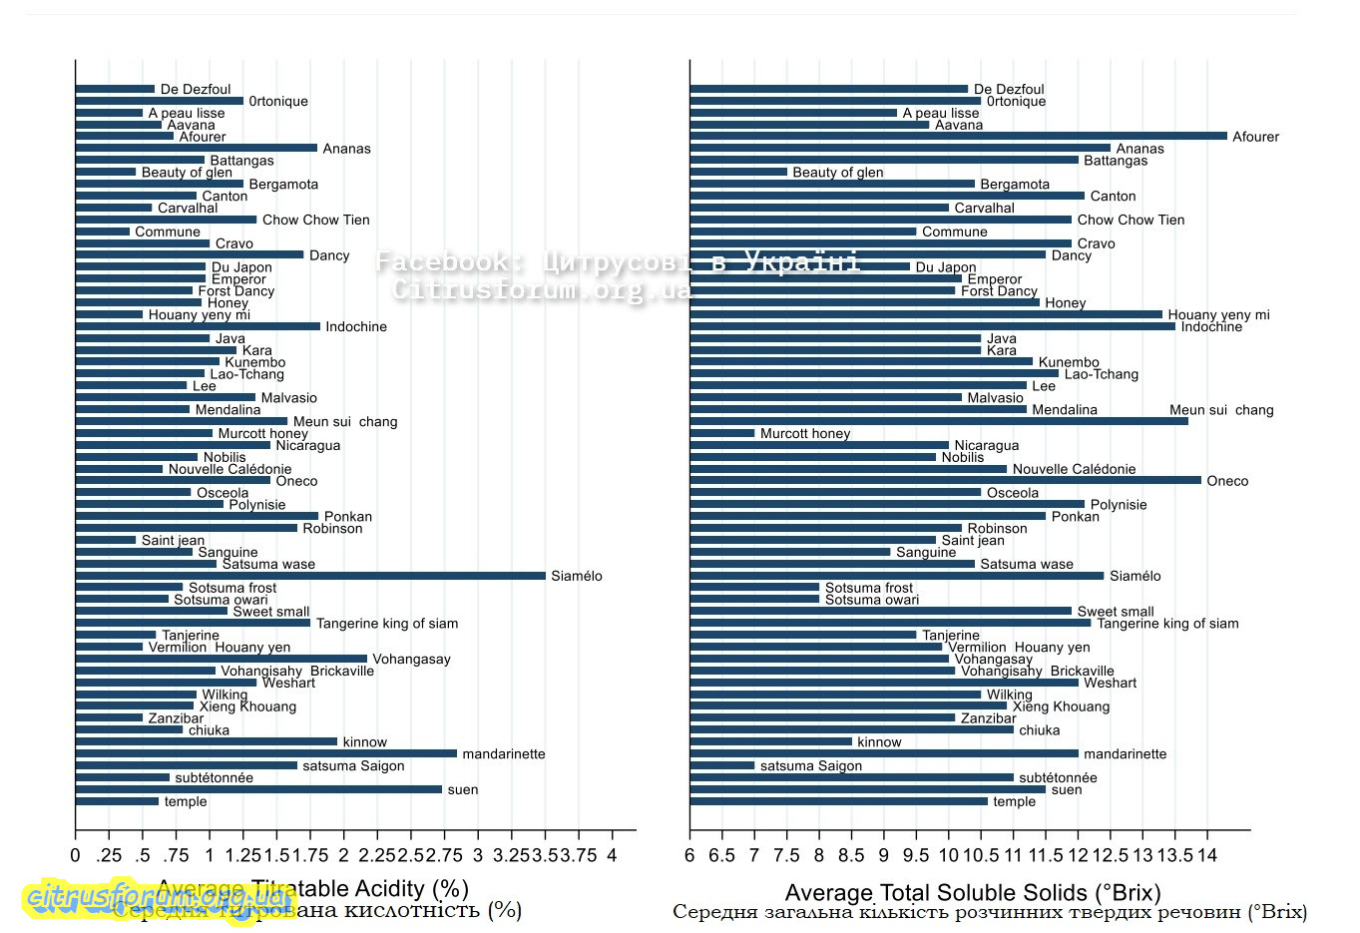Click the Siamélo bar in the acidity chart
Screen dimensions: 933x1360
click(310, 576)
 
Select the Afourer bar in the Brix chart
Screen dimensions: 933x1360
click(958, 136)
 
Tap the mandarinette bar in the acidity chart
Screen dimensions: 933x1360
click(265, 753)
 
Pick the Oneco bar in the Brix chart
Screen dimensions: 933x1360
click(945, 480)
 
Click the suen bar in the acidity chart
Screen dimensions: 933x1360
click(258, 789)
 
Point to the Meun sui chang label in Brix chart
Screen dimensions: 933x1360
click(1221, 410)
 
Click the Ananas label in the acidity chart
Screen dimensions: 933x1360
click(346, 149)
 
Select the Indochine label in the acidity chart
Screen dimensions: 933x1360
click(356, 326)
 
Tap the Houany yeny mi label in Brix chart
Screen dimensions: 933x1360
click(1218, 314)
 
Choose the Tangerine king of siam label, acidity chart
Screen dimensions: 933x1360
click(387, 624)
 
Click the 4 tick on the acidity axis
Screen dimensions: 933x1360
click(612, 855)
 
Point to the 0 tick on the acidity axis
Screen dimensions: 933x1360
click(75, 855)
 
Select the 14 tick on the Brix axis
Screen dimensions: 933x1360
click(1207, 855)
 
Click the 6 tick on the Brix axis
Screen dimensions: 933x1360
click(689, 855)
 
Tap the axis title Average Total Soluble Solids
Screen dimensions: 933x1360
click(972, 892)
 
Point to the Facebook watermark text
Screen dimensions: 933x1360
click(618, 262)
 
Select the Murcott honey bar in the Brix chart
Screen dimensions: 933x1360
click(722, 433)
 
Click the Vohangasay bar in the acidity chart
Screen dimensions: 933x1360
click(221, 659)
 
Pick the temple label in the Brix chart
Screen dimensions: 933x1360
click(1014, 801)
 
